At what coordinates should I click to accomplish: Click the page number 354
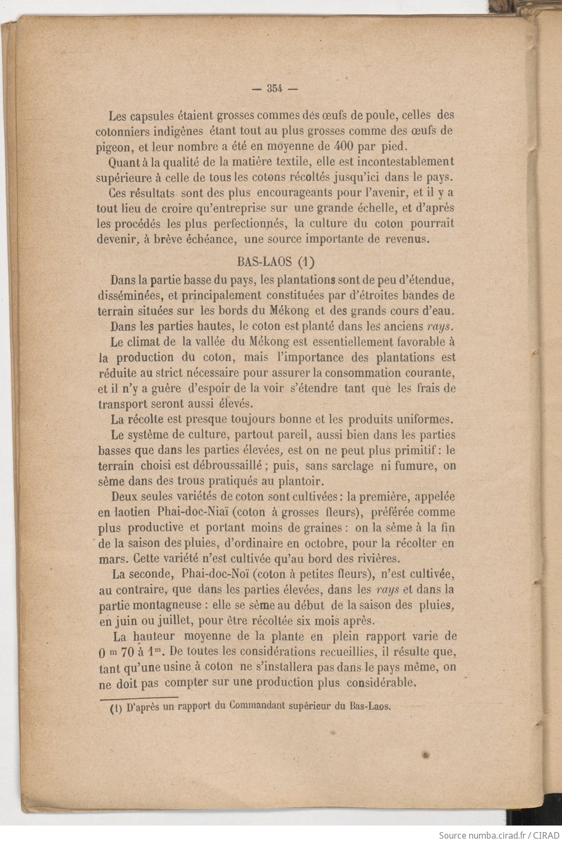click(274, 88)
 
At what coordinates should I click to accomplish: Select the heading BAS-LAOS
click(264, 261)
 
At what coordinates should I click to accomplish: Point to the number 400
click(343, 146)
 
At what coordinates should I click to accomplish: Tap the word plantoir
click(296, 481)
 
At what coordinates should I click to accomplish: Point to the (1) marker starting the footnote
click(116, 708)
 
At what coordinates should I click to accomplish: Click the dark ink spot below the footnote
click(425, 755)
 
